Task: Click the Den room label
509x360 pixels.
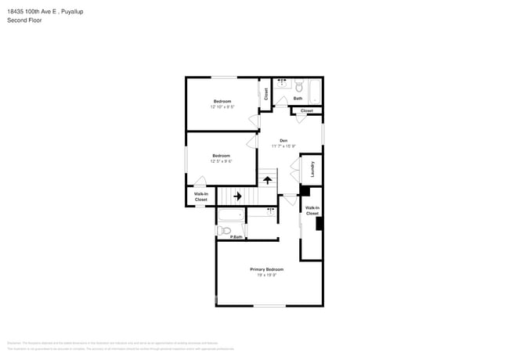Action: pyautogui.click(x=283, y=140)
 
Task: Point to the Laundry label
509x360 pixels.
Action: pyautogui.click(x=312, y=169)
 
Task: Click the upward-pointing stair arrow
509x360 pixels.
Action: pyautogui.click(x=267, y=180)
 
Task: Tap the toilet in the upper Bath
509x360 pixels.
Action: pyautogui.click(x=298, y=87)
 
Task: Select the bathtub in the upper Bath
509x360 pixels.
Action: pyautogui.click(x=314, y=91)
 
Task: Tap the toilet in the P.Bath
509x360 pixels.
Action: pyautogui.click(x=223, y=231)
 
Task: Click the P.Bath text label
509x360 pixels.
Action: pyautogui.click(x=236, y=237)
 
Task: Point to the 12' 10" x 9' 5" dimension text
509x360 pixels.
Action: pyautogui.click(x=222, y=107)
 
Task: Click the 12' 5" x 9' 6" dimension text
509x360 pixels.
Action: pyautogui.click(x=221, y=161)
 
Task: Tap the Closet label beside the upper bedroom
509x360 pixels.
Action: pyautogui.click(x=266, y=94)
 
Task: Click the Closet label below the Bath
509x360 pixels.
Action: pyautogui.click(x=306, y=110)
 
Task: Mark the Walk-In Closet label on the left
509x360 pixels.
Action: pyautogui.click(x=201, y=197)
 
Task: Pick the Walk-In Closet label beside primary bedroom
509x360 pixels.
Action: pyautogui.click(x=312, y=211)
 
